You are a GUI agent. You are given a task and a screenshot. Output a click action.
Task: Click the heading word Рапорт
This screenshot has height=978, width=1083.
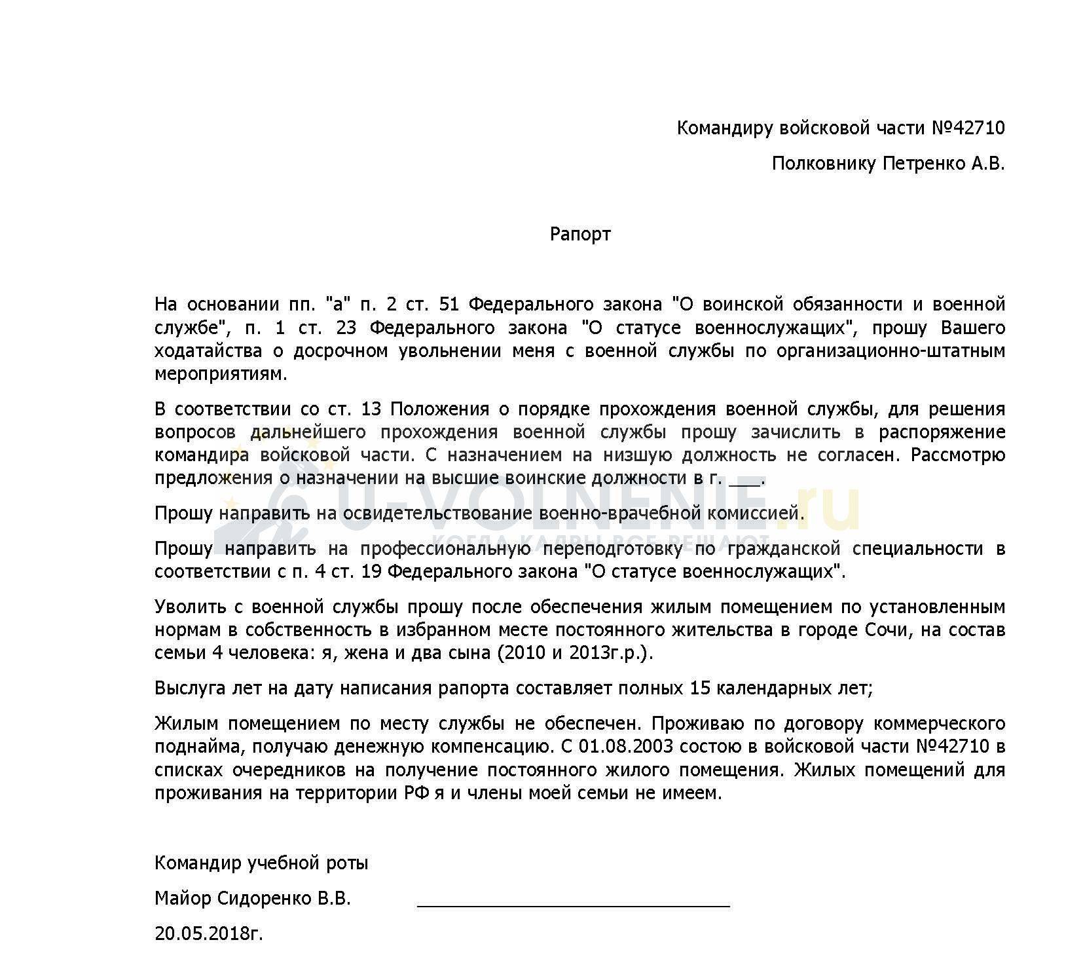[579, 235]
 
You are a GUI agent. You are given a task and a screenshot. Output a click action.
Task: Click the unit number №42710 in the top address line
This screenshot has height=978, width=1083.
[968, 128]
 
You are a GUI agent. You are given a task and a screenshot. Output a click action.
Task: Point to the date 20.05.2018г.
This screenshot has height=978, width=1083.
[209, 933]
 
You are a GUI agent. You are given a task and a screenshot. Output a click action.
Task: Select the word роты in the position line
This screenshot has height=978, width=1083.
[347, 863]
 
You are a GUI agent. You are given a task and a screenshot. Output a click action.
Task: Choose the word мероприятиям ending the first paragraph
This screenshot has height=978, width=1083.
[221, 374]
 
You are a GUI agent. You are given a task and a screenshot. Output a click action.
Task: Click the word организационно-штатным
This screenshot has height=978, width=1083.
[890, 351]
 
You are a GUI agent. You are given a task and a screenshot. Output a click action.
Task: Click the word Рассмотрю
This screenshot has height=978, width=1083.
[958, 455]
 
